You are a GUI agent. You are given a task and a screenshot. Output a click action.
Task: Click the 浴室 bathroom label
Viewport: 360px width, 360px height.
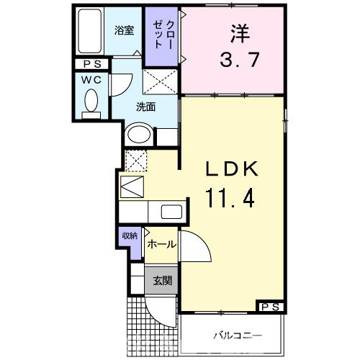coord(124,30)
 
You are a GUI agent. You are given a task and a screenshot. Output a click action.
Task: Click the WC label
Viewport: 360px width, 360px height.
coord(89,79)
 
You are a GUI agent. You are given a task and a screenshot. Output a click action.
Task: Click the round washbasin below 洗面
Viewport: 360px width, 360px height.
coord(138,135)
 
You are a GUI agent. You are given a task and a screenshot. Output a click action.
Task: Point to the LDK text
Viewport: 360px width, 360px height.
coord(232,170)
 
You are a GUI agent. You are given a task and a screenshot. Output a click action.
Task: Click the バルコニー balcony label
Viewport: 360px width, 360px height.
coord(237,336)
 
